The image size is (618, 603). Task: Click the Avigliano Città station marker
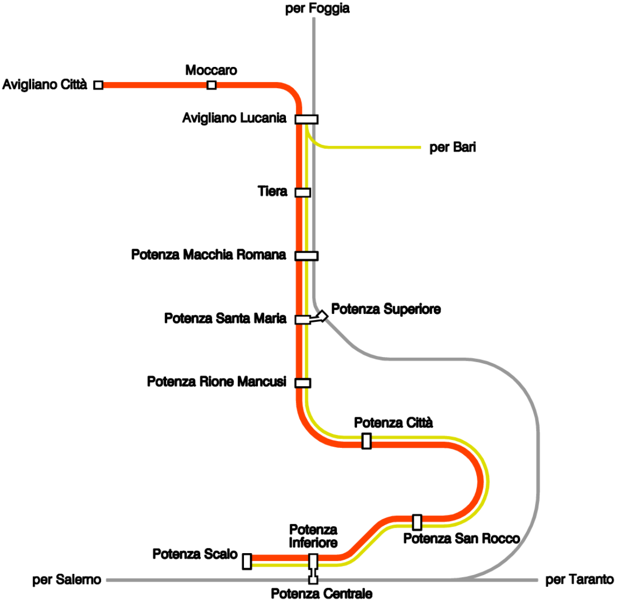coord(99,85)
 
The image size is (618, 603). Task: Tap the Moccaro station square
coord(212,85)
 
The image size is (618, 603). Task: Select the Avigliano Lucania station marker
coord(307,119)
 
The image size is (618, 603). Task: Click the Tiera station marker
coord(303,193)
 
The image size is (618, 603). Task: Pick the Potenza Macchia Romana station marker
coord(307,256)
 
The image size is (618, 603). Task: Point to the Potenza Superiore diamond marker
coord(323,316)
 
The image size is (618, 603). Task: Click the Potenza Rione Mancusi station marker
coord(303,383)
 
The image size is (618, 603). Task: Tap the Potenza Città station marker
coord(367,441)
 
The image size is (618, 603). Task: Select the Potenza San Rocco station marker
coord(417,522)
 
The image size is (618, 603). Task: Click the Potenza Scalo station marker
coord(247,561)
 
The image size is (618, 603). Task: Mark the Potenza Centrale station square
coord(313,580)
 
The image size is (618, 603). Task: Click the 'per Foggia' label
coord(317,8)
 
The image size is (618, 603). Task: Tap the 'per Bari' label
coord(452,147)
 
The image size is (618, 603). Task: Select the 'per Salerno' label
coord(66,580)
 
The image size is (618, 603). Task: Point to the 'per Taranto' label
coord(579,580)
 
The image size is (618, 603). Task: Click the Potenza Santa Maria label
coord(225,318)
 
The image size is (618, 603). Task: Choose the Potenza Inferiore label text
coord(313,536)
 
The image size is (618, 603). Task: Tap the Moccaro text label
coord(211,70)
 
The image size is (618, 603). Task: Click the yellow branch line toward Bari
coord(374,148)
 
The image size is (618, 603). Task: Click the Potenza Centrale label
coord(322,594)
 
